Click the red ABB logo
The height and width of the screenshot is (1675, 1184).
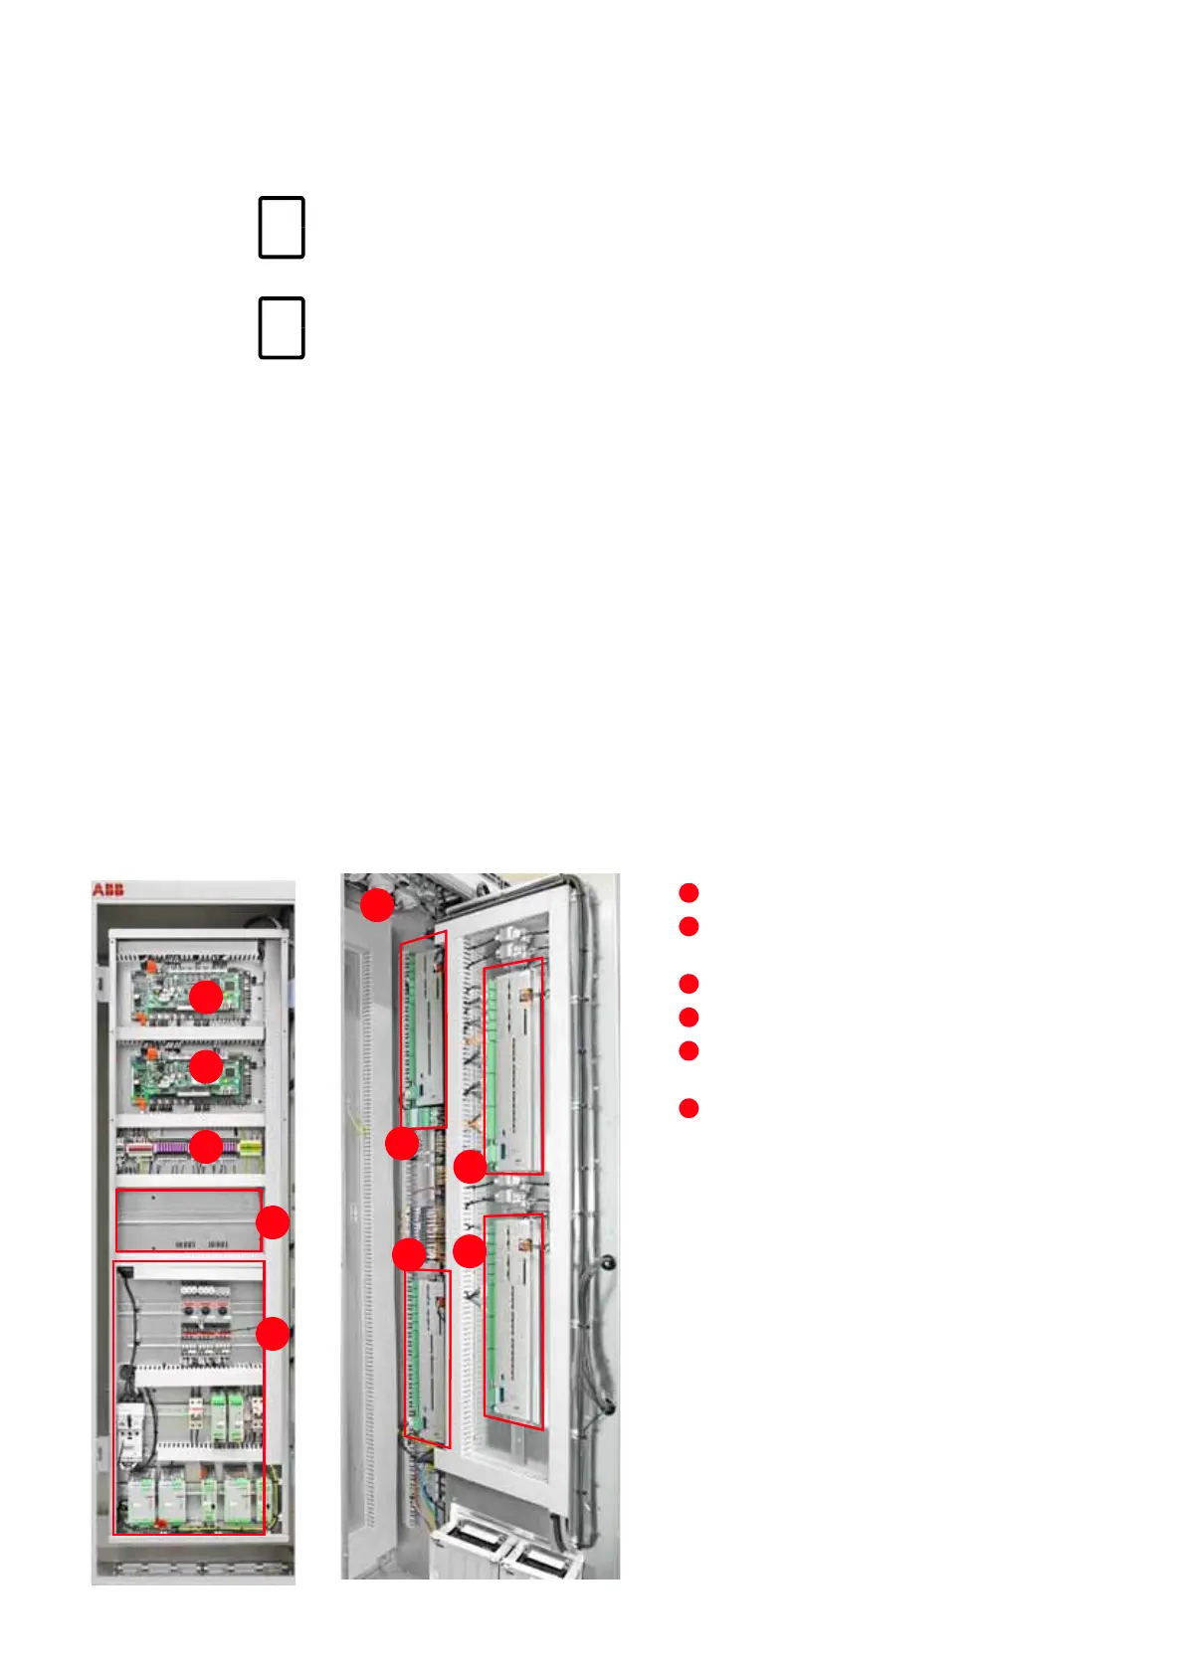108,888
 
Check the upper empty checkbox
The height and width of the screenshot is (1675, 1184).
282,228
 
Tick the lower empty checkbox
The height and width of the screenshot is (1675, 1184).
282,327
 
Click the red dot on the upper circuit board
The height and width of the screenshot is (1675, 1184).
206,997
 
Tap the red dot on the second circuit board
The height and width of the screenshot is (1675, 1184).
206,1066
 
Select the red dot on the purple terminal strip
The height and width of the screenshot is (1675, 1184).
206,1147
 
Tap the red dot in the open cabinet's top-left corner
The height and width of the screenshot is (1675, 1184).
376,905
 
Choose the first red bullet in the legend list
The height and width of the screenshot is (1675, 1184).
689,892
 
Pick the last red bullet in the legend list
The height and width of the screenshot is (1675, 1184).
689,1108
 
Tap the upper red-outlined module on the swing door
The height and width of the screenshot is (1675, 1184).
514,1065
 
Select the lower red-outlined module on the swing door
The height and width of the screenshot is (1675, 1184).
514,1321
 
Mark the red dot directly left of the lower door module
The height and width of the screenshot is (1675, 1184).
471,1251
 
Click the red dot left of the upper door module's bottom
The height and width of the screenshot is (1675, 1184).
471,1167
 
